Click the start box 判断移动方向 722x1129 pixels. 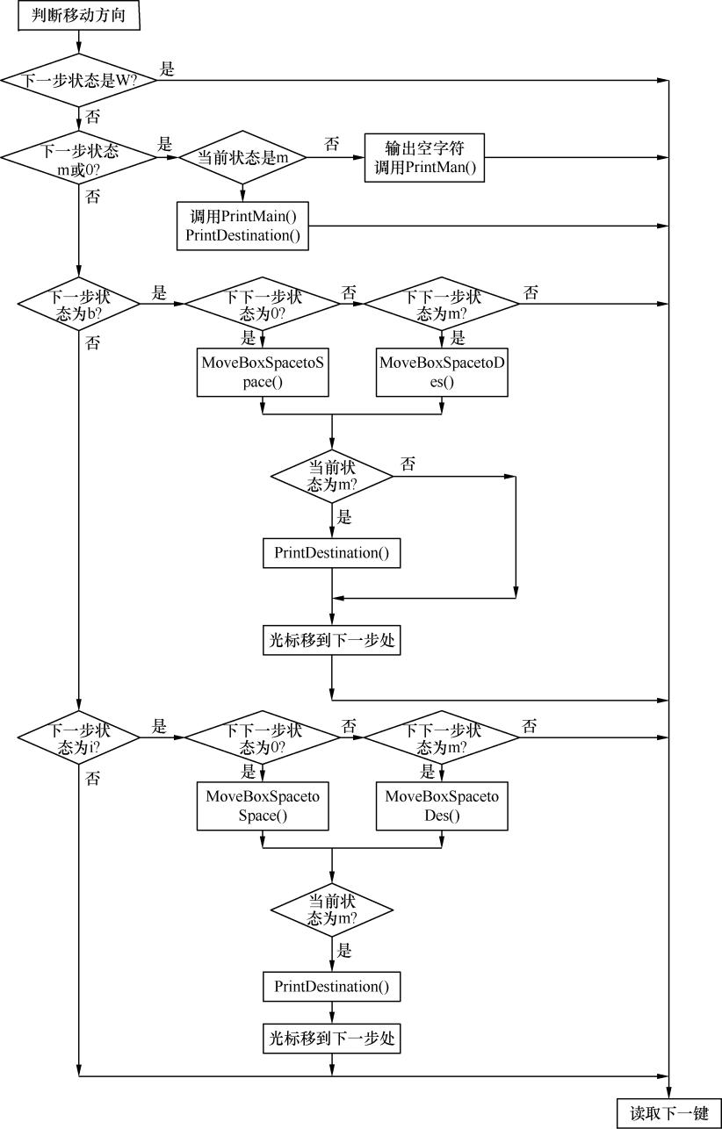click(79, 17)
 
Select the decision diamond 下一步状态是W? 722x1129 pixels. click(79, 80)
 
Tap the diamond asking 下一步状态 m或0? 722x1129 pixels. click(79, 158)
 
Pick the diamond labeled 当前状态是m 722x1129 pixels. click(242, 158)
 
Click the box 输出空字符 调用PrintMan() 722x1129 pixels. click(424, 157)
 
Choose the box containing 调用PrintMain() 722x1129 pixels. click(242, 226)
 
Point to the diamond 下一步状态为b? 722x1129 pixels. click(79, 305)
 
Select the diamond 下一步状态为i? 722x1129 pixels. click(79, 737)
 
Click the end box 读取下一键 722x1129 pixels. click(669, 1113)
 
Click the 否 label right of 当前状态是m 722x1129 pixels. click(331, 145)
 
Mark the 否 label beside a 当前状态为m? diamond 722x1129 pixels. click(408, 464)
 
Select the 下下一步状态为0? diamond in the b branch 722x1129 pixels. click(263, 305)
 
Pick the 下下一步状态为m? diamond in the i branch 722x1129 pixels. click(442, 737)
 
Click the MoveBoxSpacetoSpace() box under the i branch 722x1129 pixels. click(263, 806)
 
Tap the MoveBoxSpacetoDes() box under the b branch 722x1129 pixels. click(442, 372)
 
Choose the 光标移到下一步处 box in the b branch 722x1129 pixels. click(331, 641)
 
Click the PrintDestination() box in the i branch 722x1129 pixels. click(331, 986)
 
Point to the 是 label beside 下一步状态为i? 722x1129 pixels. click(159, 726)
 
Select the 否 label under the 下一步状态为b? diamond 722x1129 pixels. click(93, 343)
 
